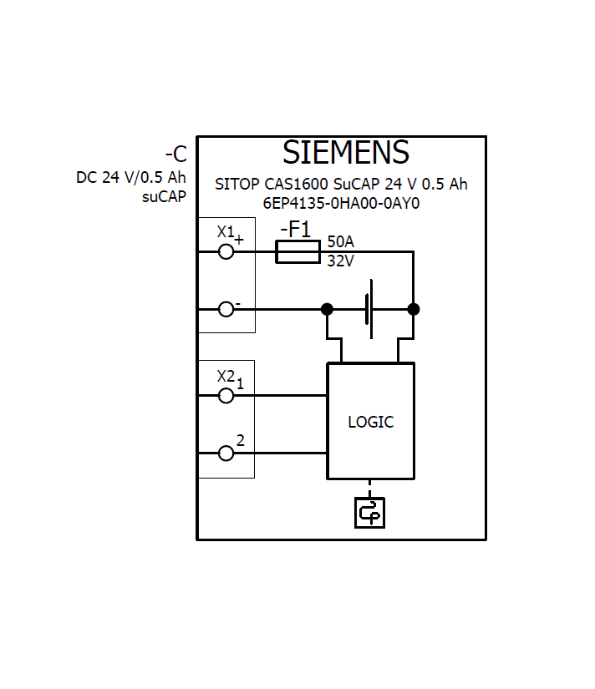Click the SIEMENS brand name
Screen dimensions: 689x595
pyautogui.click(x=345, y=153)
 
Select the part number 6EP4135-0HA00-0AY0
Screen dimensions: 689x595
pyautogui.click(x=341, y=203)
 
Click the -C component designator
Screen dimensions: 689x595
pyautogui.click(x=175, y=155)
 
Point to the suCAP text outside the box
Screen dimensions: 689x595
pyautogui.click(x=164, y=197)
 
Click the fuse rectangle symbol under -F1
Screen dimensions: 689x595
pyautogui.click(x=297, y=251)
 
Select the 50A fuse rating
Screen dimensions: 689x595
pyautogui.click(x=340, y=241)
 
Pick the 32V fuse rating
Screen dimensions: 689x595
pyautogui.click(x=340, y=261)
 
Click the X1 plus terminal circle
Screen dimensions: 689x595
pyautogui.click(x=226, y=251)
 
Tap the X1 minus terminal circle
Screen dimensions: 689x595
pyautogui.click(x=226, y=309)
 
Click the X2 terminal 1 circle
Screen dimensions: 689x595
pyautogui.click(x=226, y=396)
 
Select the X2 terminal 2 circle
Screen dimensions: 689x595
pyautogui.click(x=226, y=453)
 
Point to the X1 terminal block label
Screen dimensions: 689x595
pyautogui.click(x=226, y=231)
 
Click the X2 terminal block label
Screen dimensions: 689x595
pyautogui.click(x=226, y=376)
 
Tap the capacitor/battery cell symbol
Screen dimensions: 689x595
pyautogui.click(x=369, y=309)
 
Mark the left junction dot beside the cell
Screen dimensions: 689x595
pyautogui.click(x=327, y=309)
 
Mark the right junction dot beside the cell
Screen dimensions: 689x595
pyautogui.click(x=413, y=309)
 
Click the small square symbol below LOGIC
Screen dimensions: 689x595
pyautogui.click(x=369, y=513)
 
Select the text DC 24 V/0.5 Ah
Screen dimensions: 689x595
pyautogui.click(x=131, y=178)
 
